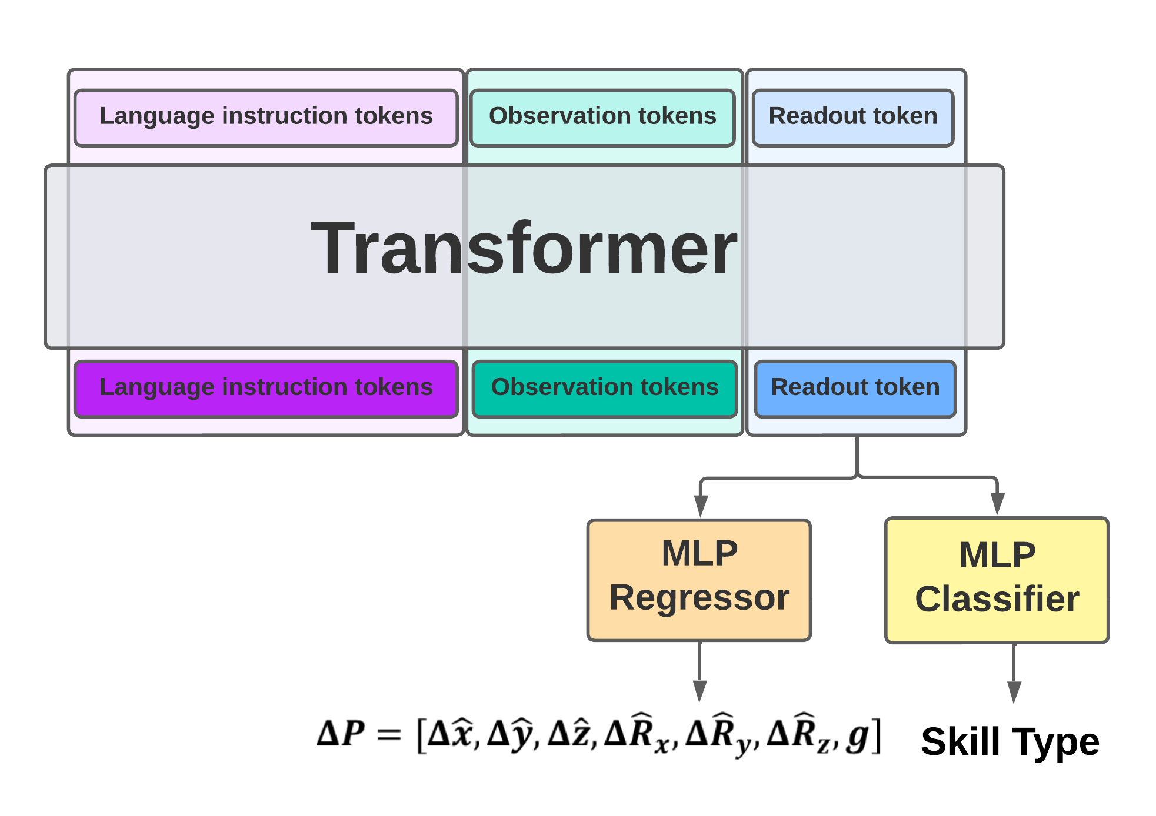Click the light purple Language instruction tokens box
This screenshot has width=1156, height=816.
pyautogui.click(x=266, y=117)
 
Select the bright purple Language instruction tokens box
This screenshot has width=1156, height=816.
pyautogui.click(x=266, y=389)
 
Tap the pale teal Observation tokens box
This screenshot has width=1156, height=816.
pyautogui.click(x=602, y=117)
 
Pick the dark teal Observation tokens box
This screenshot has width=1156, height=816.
pyautogui.click(x=604, y=389)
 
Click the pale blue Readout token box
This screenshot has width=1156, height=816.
pyautogui.click(x=852, y=117)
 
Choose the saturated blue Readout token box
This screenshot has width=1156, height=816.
pyautogui.click(x=855, y=389)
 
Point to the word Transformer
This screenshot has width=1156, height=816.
pyautogui.click(x=524, y=248)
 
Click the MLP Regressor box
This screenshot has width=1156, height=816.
pyautogui.click(x=699, y=580)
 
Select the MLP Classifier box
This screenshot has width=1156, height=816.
pyautogui.click(x=997, y=580)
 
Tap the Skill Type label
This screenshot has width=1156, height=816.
pyautogui.click(x=1010, y=742)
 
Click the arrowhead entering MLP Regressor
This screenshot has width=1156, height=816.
pyautogui.click(x=700, y=506)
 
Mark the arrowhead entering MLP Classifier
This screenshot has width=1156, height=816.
pyautogui.click(x=997, y=503)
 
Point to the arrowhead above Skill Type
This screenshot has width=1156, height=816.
pyautogui.click(x=1014, y=691)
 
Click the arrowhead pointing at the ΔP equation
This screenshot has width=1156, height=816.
pyautogui.click(x=699, y=691)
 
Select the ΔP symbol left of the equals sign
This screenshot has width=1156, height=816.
pyautogui.click(x=341, y=734)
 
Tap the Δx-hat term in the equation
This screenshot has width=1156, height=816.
pyautogui.click(x=451, y=734)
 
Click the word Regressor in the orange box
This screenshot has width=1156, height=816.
pyautogui.click(x=699, y=598)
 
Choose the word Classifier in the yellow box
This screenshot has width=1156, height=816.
pyautogui.click(x=997, y=600)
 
